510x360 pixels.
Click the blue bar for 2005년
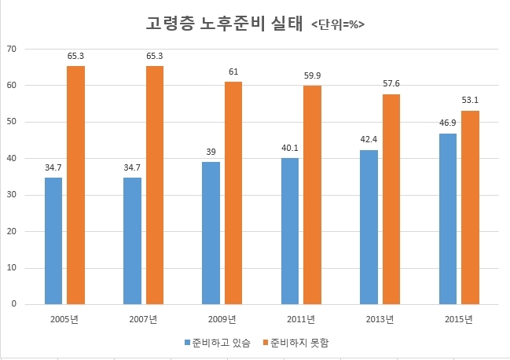(53, 241)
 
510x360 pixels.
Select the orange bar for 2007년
(155, 185)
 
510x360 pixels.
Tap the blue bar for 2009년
(211, 233)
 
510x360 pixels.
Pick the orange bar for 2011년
(312, 194)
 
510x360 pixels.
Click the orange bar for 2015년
(470, 208)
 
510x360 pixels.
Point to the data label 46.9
(448, 124)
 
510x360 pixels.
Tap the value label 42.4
(369, 141)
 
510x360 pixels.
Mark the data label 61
(233, 72)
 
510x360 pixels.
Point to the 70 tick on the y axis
(12, 49)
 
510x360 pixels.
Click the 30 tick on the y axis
(12, 195)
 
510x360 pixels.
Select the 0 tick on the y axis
(14, 304)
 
